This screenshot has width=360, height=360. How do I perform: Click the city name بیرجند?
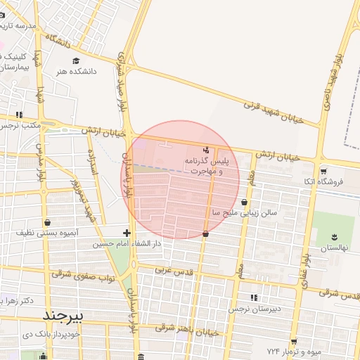click(x=63, y=316)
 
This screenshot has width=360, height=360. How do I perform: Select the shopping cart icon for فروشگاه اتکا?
click(x=323, y=171)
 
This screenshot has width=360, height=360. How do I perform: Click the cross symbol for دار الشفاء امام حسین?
click(x=127, y=233)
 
